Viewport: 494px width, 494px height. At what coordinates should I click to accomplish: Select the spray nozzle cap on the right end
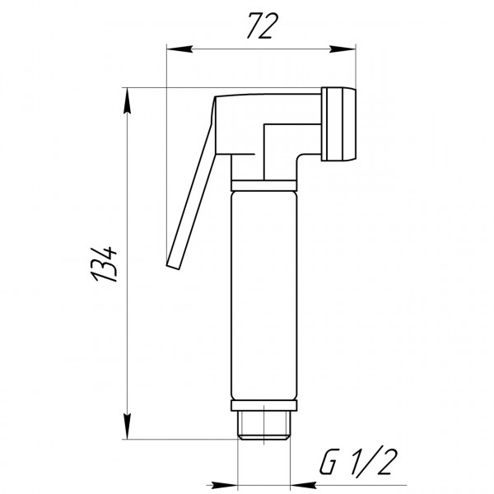click(x=343, y=123)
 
